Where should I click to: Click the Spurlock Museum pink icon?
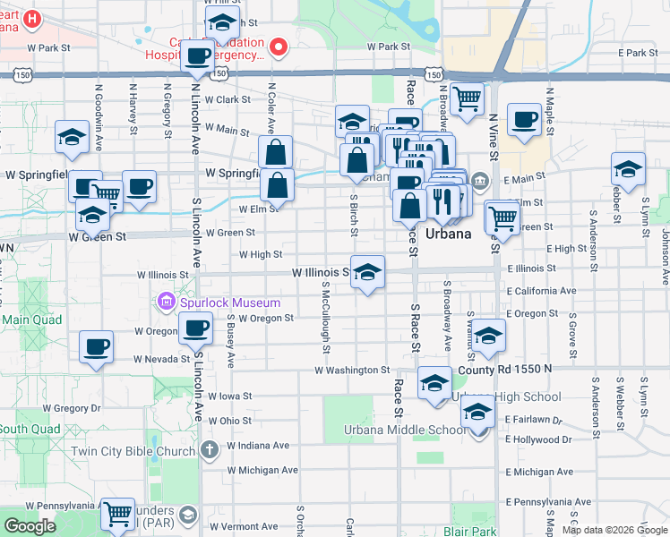click(x=166, y=302)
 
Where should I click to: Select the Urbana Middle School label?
click(x=405, y=430)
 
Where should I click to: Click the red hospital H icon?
click(x=32, y=18)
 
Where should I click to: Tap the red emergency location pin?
click(x=279, y=46)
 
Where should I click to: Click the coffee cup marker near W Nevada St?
click(x=96, y=346)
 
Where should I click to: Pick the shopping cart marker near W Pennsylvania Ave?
click(x=117, y=514)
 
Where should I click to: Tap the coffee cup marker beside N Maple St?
click(x=524, y=119)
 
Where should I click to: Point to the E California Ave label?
click(x=541, y=291)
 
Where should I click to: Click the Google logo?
click(x=30, y=525)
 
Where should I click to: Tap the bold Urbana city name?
click(x=448, y=234)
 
